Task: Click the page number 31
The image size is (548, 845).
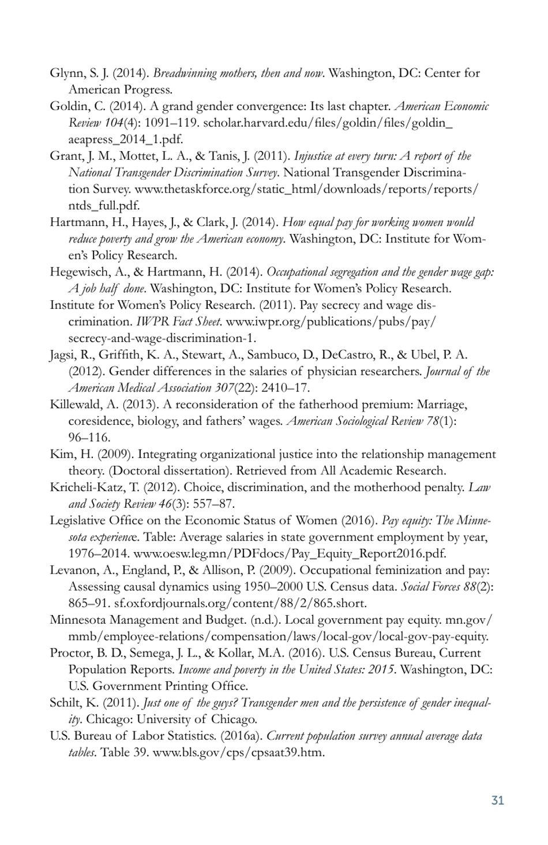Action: pos(497,800)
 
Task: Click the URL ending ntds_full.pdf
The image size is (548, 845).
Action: pos(104,206)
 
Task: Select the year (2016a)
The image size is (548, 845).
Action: pos(242,736)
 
